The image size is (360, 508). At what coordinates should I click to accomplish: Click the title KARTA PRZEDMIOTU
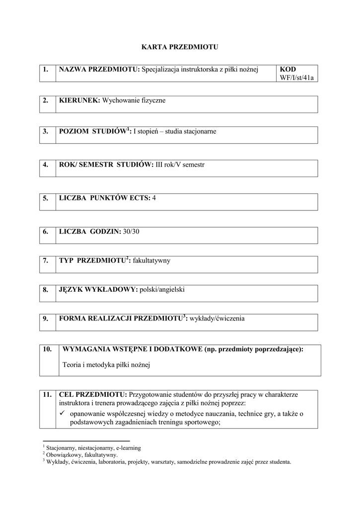coord(180,47)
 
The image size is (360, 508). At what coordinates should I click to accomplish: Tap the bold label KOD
coord(288,69)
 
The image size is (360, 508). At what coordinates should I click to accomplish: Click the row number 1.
coord(45,69)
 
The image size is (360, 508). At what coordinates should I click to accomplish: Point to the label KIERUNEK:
coord(79,100)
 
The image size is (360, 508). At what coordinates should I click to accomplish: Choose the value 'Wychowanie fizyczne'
coord(134,100)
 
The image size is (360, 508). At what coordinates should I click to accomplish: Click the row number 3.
coord(45,131)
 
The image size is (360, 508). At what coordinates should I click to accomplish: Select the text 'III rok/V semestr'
coord(180,165)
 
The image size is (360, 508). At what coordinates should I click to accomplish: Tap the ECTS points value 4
coord(154,198)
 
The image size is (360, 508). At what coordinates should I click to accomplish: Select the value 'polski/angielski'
coord(162,289)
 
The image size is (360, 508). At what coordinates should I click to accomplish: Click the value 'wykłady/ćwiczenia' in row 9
coord(217,318)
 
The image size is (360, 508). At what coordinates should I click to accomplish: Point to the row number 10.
coord(47,349)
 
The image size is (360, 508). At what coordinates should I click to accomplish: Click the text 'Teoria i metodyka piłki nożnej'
coord(106,365)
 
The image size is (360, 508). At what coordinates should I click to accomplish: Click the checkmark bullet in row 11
coord(63,414)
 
